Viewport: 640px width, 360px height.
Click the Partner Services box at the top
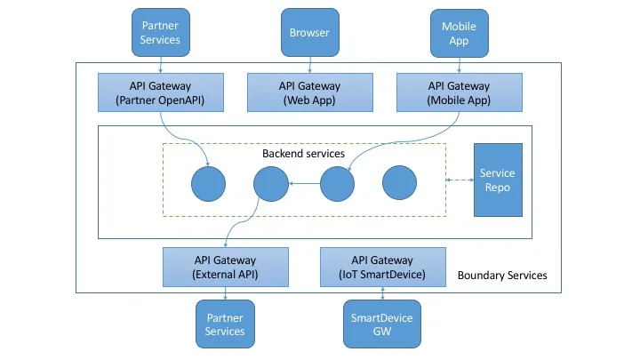[x=161, y=33]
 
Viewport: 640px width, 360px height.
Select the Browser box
[x=309, y=33]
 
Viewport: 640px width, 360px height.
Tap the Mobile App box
[x=459, y=33]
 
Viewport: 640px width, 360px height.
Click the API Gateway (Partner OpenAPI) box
[x=161, y=93]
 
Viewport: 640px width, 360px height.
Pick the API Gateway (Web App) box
[x=309, y=93]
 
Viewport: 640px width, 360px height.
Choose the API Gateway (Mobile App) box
[x=459, y=93]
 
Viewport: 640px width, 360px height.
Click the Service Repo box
[x=497, y=180]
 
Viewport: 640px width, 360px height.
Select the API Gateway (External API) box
[x=226, y=267]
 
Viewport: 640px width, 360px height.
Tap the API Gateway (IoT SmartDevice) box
[x=382, y=267]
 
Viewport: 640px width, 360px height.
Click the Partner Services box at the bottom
[x=225, y=324]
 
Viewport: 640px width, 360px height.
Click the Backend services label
[x=303, y=154]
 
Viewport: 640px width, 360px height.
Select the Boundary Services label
[x=502, y=276]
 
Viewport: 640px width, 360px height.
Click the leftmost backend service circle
[x=208, y=183]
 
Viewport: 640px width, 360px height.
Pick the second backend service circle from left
[x=270, y=183]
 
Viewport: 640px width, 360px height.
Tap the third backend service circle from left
[x=338, y=183]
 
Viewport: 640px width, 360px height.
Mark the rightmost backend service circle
[x=400, y=183]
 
